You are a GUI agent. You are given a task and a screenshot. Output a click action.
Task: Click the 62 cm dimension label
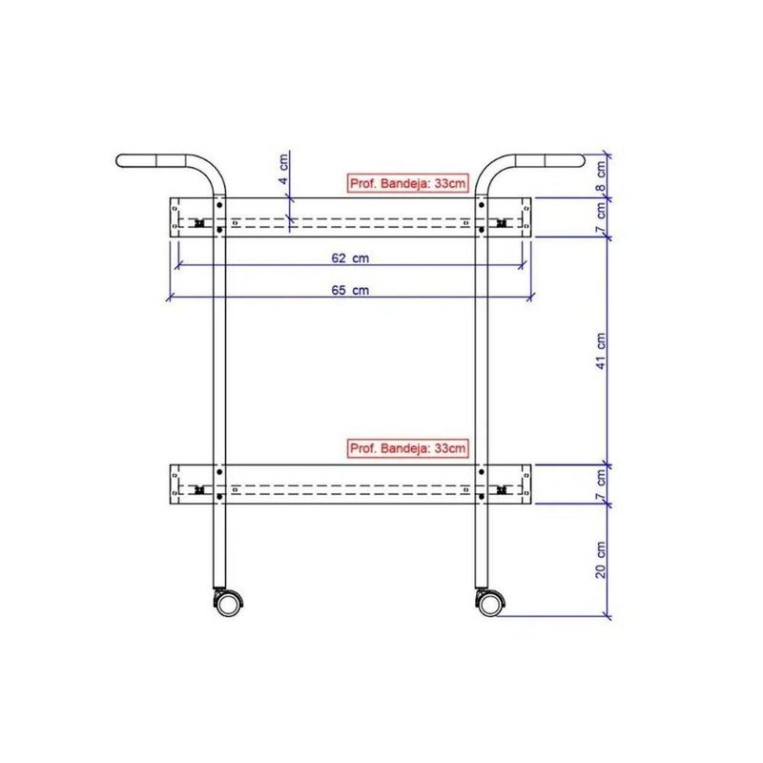[x=350, y=258]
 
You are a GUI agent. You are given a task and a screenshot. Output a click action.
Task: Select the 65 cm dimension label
[x=350, y=290]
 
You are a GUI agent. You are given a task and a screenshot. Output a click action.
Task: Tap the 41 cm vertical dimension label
[x=601, y=351]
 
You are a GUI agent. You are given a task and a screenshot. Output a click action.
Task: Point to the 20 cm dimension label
[x=601, y=560]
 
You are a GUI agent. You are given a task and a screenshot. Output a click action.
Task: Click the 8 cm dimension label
[x=602, y=176]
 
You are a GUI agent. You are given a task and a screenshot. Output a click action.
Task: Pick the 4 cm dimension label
[x=283, y=168]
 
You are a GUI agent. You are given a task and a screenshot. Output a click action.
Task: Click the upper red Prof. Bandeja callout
[x=408, y=183]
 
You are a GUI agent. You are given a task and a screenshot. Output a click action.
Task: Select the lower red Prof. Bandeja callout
[x=408, y=448]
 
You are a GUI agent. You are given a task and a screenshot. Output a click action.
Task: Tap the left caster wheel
[x=227, y=604]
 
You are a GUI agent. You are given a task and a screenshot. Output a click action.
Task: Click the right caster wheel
[x=489, y=604]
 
